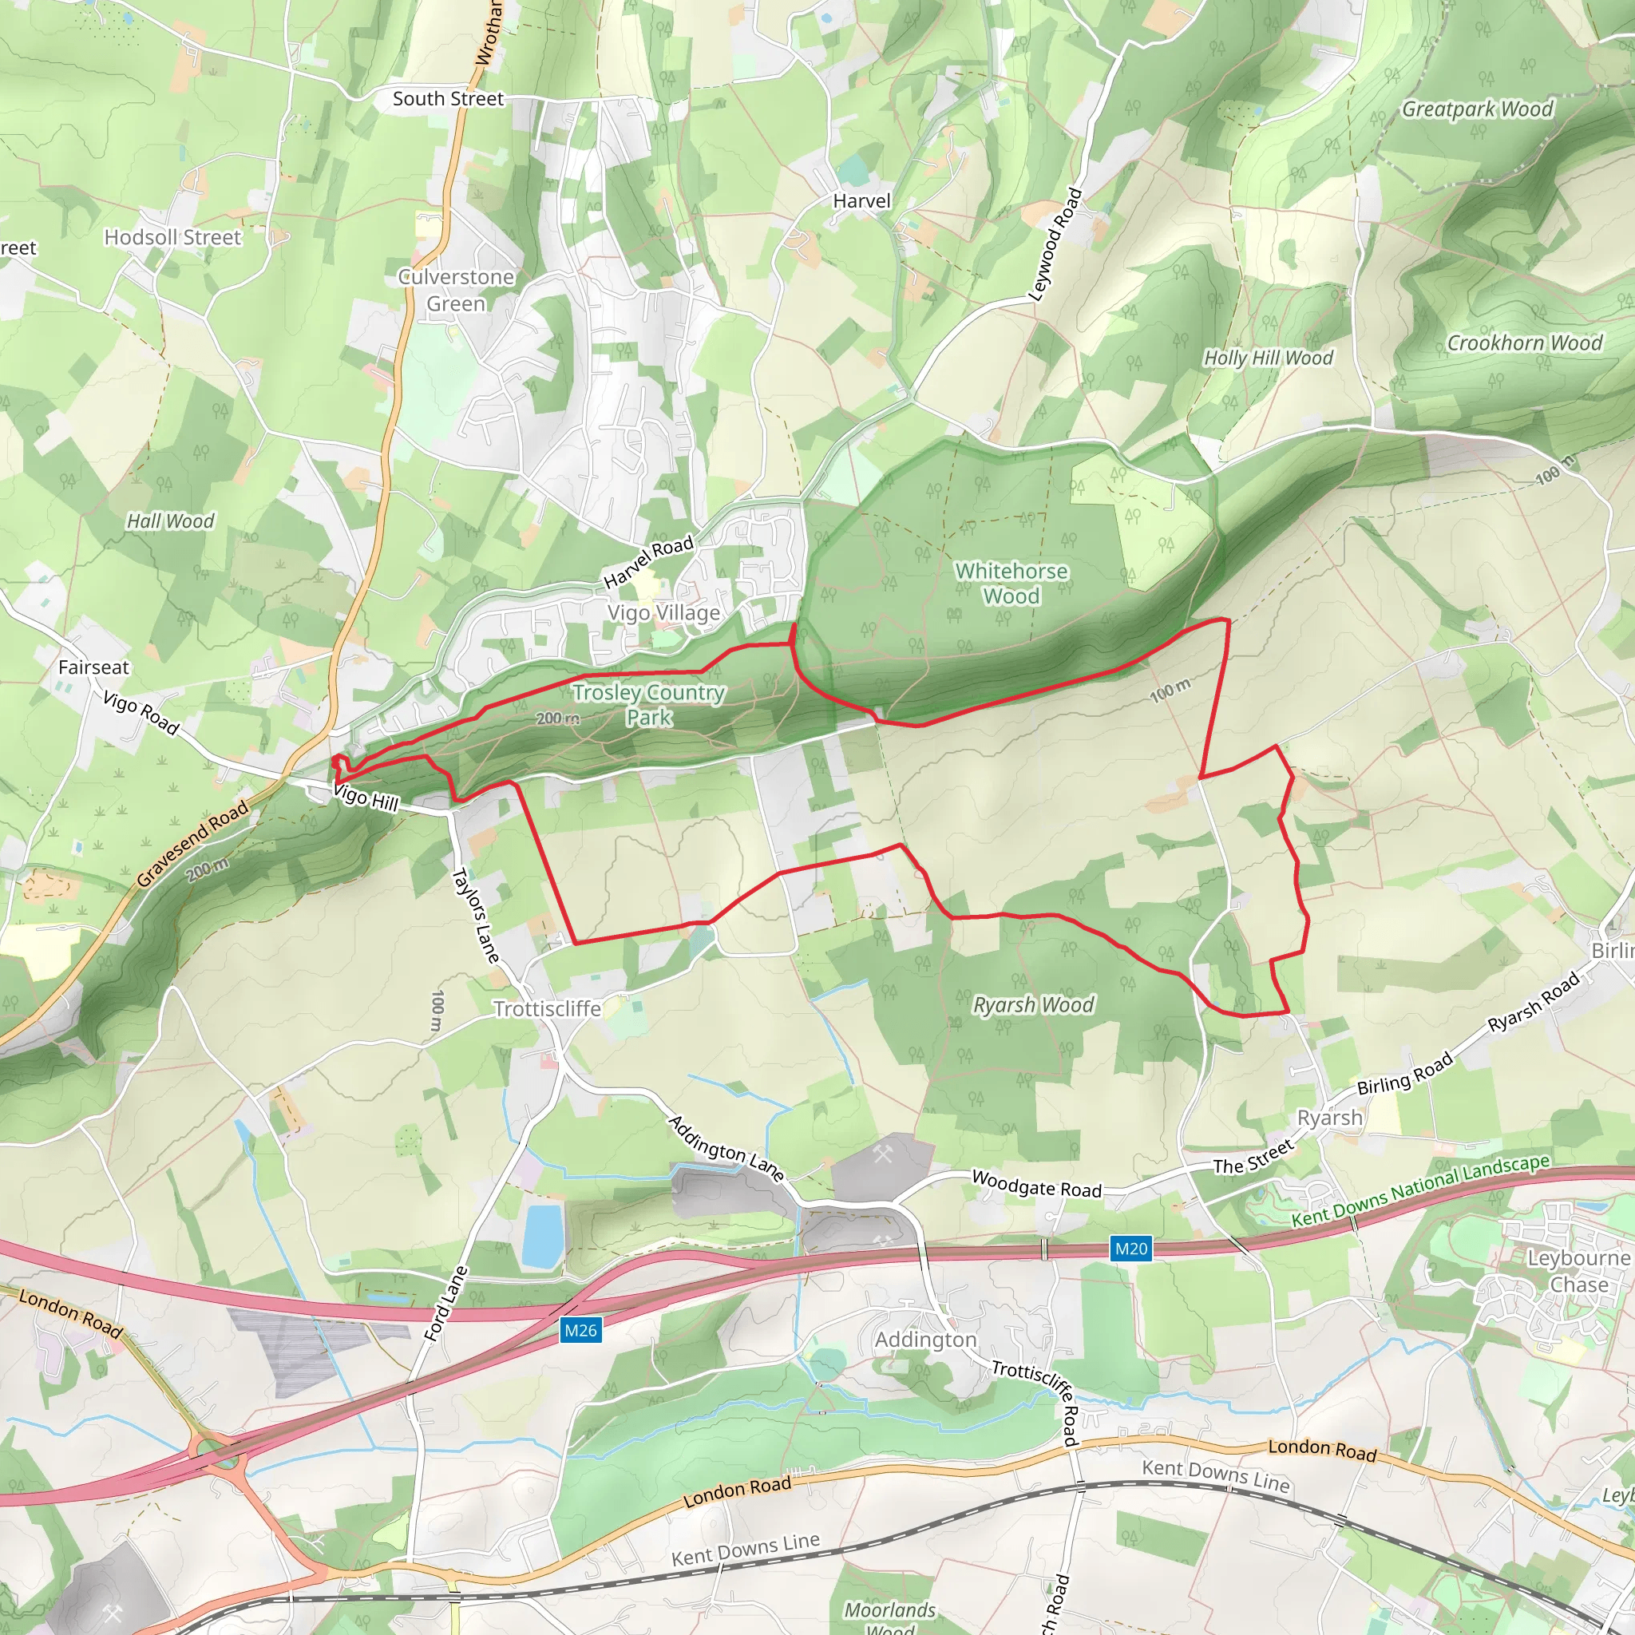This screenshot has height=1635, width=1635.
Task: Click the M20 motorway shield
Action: click(x=1130, y=1249)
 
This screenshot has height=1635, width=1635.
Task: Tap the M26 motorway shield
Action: click(x=580, y=1330)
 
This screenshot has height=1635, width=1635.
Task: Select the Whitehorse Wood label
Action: click(x=1011, y=584)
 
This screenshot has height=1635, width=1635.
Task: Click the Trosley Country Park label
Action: click(x=649, y=704)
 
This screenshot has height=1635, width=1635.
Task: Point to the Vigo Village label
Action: click(x=663, y=612)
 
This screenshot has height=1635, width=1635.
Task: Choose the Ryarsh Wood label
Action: click(x=1033, y=1004)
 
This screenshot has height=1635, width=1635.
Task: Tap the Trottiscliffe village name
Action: click(x=547, y=1009)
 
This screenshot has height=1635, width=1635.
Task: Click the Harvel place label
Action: click(x=861, y=201)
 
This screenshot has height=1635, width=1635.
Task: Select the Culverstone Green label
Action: click(x=456, y=291)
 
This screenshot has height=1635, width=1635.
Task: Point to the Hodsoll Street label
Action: click(x=172, y=238)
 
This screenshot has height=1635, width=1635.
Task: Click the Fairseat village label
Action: click(x=94, y=667)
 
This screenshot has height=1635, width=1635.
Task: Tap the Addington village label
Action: click(x=925, y=1340)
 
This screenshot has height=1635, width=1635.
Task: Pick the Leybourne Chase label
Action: click(x=1578, y=1271)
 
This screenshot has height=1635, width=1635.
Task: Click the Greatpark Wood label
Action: click(x=1478, y=109)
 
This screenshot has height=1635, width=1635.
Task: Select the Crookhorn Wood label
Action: click(x=1524, y=342)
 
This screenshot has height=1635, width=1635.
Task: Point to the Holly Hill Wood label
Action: click(x=1268, y=358)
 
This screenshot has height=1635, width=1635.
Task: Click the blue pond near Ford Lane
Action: click(x=541, y=1236)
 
